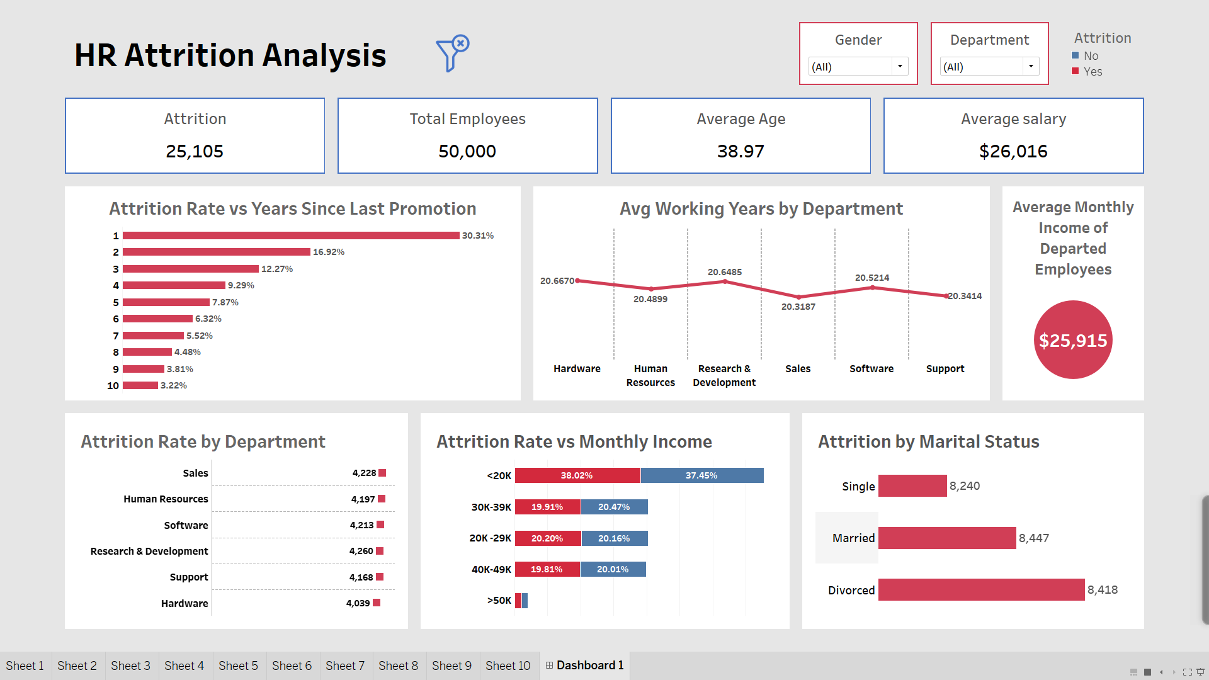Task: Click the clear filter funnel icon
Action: (x=452, y=53)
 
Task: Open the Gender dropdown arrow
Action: (x=900, y=66)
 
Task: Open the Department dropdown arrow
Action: (x=1031, y=66)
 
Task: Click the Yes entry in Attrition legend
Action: (x=1093, y=72)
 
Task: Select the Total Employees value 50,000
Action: (x=467, y=151)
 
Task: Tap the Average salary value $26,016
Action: (x=1013, y=151)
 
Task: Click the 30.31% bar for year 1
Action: (x=291, y=235)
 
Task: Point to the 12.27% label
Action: (x=277, y=269)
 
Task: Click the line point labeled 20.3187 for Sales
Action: (x=798, y=297)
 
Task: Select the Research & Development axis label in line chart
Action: (x=724, y=375)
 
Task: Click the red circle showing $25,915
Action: (x=1073, y=340)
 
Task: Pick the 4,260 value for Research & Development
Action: (x=361, y=551)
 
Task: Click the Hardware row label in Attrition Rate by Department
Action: (x=184, y=603)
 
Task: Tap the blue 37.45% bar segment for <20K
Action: (x=701, y=475)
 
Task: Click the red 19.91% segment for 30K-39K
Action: (x=547, y=507)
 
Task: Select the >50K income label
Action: (x=499, y=601)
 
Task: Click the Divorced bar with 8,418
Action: (x=981, y=590)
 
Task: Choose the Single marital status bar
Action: (x=912, y=486)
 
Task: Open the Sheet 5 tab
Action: (x=238, y=666)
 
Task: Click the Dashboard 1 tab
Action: (x=584, y=666)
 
